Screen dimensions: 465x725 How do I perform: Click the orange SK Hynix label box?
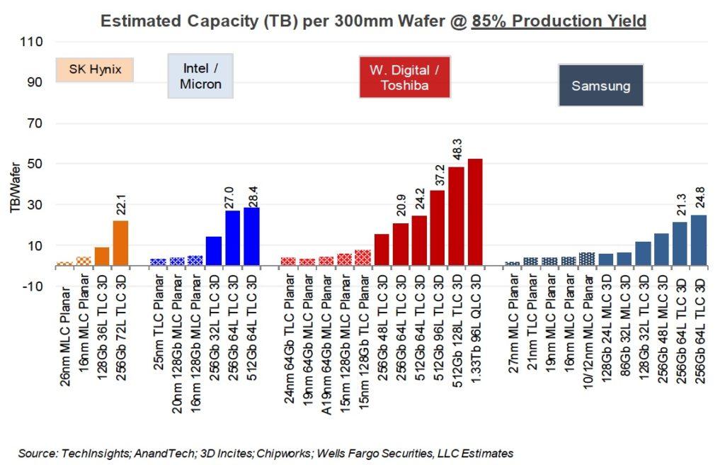click(x=95, y=69)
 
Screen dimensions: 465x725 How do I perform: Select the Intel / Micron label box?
click(x=200, y=77)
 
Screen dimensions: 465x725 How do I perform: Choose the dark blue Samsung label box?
click(x=600, y=86)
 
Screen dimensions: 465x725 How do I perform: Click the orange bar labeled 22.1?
click(x=120, y=243)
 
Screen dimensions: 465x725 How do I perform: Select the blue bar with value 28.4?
click(x=251, y=237)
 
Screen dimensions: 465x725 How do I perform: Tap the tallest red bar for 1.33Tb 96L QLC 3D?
click(x=475, y=212)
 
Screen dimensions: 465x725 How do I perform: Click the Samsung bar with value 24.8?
click(x=699, y=240)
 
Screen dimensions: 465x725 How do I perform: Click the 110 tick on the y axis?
click(x=33, y=42)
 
